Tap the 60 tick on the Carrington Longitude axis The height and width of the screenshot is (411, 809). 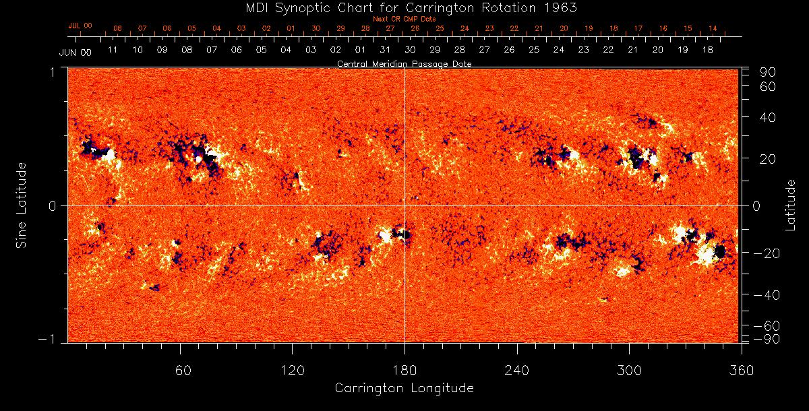[x=181, y=370]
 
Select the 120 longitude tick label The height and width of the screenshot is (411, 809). [x=292, y=370]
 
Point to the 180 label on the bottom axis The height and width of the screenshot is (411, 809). [x=404, y=370]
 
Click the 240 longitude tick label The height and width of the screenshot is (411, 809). [x=516, y=370]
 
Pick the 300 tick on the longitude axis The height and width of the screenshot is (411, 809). [x=629, y=370]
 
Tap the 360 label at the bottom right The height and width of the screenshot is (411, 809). [x=742, y=370]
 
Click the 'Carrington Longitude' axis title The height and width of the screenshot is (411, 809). [x=404, y=388]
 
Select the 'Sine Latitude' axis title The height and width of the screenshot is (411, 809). [x=22, y=205]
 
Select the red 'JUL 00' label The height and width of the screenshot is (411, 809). [x=80, y=26]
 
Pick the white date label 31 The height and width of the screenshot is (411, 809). [x=385, y=50]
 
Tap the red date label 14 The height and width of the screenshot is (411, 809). [x=713, y=29]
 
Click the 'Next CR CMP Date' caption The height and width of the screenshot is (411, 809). [x=404, y=19]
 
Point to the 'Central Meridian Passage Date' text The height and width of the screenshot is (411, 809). [x=404, y=64]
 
